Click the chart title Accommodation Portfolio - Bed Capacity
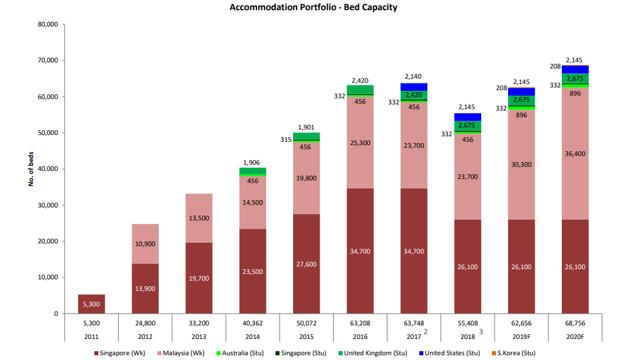coord(313,7)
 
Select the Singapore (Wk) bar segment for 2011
coord(92,304)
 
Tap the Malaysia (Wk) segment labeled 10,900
coord(145,243)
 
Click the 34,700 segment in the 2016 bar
coord(360,251)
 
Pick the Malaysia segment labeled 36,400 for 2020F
coord(575,154)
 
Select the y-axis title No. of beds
coord(31,169)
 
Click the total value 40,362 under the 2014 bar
coord(252,324)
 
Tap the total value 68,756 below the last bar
coord(575,324)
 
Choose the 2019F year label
coord(522,336)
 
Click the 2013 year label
coord(199,336)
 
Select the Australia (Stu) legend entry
coord(240,353)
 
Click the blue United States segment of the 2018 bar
coord(467,117)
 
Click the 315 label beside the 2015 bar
coord(286,140)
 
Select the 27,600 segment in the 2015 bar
coord(307,264)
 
